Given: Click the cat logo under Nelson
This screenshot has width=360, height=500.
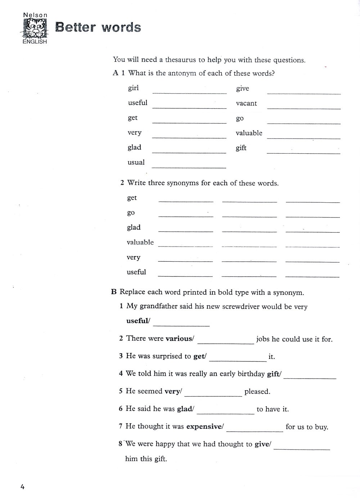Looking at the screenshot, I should click(x=35, y=28).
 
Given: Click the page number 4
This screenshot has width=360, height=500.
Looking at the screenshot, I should click(x=22, y=487).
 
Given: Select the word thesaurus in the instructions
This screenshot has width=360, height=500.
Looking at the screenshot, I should click(x=180, y=60).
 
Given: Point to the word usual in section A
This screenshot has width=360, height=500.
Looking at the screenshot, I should click(x=136, y=162).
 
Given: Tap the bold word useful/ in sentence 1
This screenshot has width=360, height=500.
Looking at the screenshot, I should click(x=138, y=321).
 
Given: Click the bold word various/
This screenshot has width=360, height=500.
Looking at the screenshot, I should click(x=180, y=339).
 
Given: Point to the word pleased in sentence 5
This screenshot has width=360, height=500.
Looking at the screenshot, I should click(x=257, y=392).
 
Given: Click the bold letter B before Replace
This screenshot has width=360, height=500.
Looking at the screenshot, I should click(x=114, y=292).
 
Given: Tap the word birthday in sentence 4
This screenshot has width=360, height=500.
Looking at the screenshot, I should click(x=251, y=374).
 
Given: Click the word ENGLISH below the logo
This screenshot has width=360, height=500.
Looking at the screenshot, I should click(x=35, y=41).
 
